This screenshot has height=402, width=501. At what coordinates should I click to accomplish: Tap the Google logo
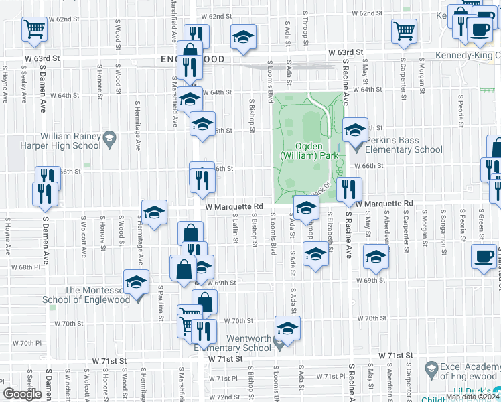[22, 393]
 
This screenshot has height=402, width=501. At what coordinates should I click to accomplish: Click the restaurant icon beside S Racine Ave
[349, 190]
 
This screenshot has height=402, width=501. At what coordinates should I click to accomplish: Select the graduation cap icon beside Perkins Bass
[355, 129]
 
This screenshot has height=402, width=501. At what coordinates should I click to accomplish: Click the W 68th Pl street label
[29, 267]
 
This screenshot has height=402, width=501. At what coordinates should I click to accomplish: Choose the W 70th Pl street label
[31, 343]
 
